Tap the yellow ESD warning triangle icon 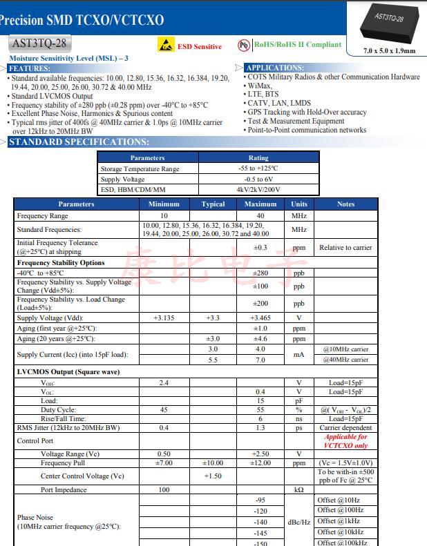pyautogui.click(x=166, y=45)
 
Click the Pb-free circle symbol pyautogui.click(x=244, y=45)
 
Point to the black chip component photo pyautogui.click(x=389, y=24)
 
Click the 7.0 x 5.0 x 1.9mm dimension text pyautogui.click(x=390, y=51)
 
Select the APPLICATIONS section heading pyautogui.click(x=274, y=68)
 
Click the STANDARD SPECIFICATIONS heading pyautogui.click(x=78, y=142)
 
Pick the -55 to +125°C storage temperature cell pyautogui.click(x=258, y=168)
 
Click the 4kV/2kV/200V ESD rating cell pyautogui.click(x=258, y=189)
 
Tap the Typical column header pyautogui.click(x=213, y=204)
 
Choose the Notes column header pyautogui.click(x=345, y=204)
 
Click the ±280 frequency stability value pyautogui.click(x=260, y=273)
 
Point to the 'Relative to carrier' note pyautogui.click(x=345, y=247)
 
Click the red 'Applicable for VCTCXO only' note pyautogui.click(x=345, y=441)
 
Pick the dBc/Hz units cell pyautogui.click(x=298, y=522)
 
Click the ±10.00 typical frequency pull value pyautogui.click(x=213, y=463)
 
